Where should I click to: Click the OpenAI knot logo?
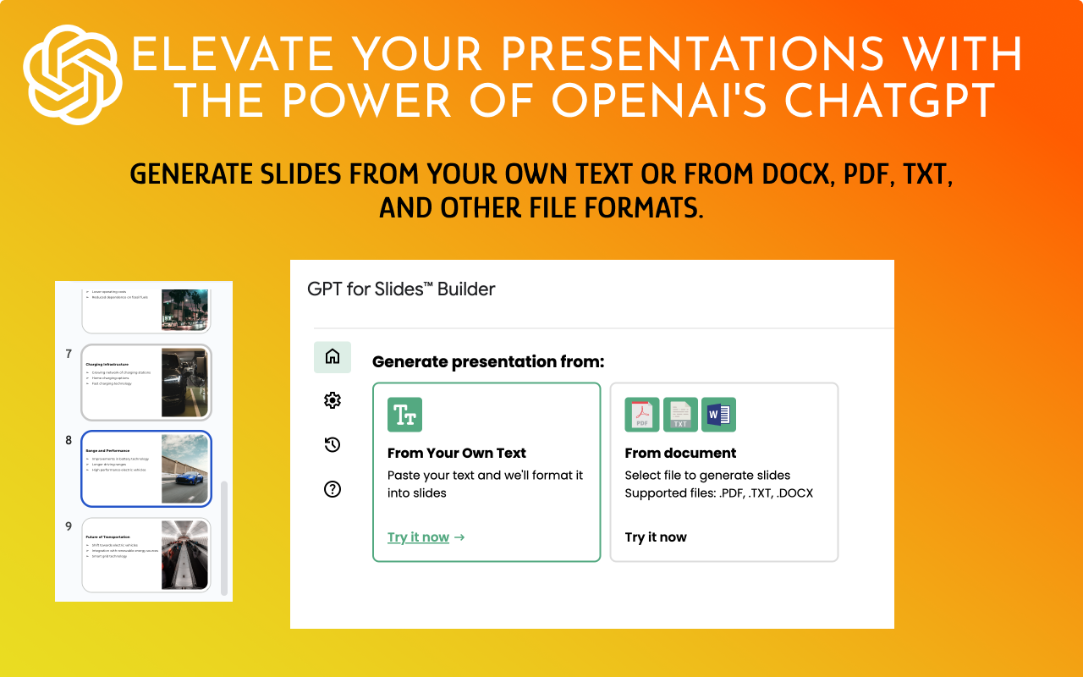[x=73, y=74]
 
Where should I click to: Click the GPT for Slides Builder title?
[x=401, y=289]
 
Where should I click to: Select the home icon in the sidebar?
[x=333, y=357]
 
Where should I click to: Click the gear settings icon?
[x=333, y=400]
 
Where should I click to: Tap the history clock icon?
[x=333, y=444]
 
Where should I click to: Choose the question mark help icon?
[x=333, y=489]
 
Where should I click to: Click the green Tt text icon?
[x=404, y=415]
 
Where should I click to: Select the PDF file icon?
[x=642, y=415]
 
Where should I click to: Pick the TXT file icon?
[x=680, y=415]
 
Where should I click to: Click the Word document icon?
[x=718, y=415]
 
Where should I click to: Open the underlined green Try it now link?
[x=418, y=537]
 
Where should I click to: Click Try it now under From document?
[x=656, y=537]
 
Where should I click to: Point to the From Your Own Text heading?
[x=457, y=453]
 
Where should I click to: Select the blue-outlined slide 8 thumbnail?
[x=146, y=469]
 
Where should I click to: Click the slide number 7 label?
[x=69, y=354]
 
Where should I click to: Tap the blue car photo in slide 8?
[x=184, y=469]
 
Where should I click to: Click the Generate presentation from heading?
[x=488, y=362]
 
